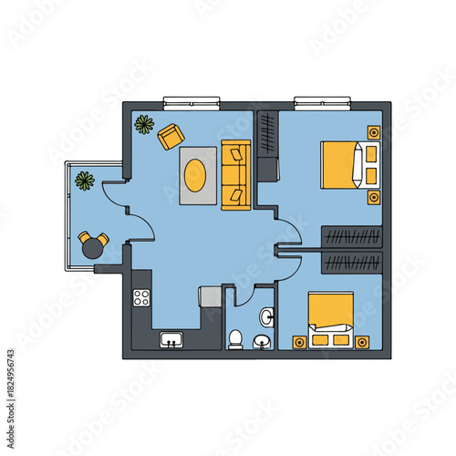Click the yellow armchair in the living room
[x=171, y=136]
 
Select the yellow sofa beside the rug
[x=235, y=174]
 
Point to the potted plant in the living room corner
[x=144, y=124]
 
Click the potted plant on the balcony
[x=85, y=181]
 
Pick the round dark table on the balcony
[x=93, y=245]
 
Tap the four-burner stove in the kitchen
[x=142, y=296]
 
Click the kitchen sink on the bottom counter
[x=171, y=341]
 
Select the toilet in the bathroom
[x=235, y=339]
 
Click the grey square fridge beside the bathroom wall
[x=211, y=296]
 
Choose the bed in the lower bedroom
[x=330, y=319]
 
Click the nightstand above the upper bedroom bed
[x=374, y=132]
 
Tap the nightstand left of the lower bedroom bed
[x=297, y=342]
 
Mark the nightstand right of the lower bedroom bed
[x=363, y=342]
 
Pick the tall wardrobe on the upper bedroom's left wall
[x=267, y=144]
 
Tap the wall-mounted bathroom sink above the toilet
[x=266, y=316]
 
